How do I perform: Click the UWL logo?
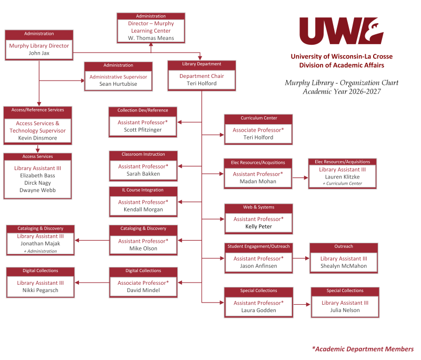click(x=342, y=31)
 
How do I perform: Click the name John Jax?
click(x=39, y=53)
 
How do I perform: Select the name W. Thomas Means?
click(x=151, y=38)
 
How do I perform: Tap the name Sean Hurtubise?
click(x=118, y=84)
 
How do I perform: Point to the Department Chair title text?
click(x=202, y=76)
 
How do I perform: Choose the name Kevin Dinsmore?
click(x=37, y=138)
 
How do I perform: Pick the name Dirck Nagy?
click(x=37, y=183)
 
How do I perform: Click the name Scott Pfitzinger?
click(x=143, y=130)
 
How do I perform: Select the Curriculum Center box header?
click(x=258, y=118)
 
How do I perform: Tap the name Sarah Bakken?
click(x=143, y=174)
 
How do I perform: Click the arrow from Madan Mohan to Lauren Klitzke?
click(x=300, y=178)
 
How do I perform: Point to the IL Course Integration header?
click(x=143, y=191)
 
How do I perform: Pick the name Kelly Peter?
click(x=258, y=226)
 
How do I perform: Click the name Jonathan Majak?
click(x=41, y=244)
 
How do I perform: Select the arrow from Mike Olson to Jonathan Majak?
click(x=92, y=241)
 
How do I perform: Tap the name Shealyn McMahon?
click(x=344, y=266)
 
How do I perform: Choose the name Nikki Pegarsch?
click(x=41, y=291)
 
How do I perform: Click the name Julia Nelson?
click(x=345, y=311)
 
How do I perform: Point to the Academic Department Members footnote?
click(x=363, y=349)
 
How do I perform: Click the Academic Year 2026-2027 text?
click(x=342, y=92)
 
